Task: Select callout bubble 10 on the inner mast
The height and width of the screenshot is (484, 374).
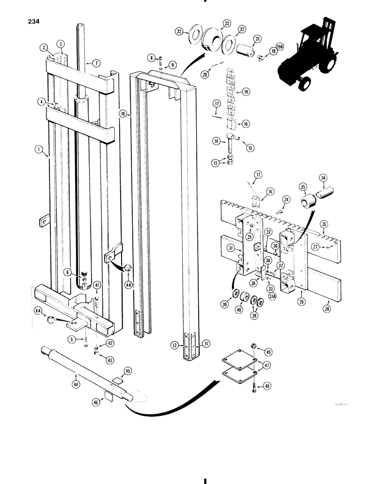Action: [x=123, y=114]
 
